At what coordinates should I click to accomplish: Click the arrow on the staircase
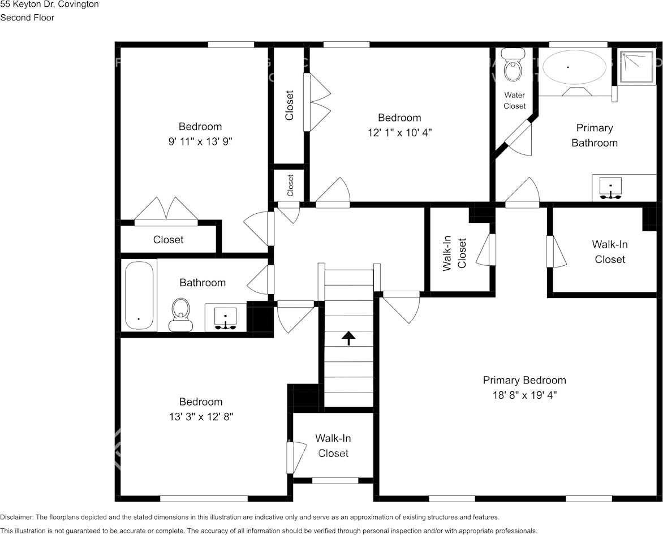point(348,338)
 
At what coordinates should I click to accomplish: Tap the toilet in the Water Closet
point(514,68)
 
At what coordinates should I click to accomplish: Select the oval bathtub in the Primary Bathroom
point(574,67)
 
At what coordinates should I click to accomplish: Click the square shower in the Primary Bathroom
point(637,67)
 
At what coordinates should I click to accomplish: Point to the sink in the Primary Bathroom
point(610,188)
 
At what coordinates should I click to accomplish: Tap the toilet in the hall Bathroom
point(180,314)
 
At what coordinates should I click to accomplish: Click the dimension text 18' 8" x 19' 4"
point(524,395)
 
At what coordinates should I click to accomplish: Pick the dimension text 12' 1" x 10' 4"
point(399,132)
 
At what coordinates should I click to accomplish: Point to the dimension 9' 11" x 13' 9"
point(200,141)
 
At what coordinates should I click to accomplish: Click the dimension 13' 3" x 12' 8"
point(201,416)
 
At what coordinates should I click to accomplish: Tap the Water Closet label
point(514,101)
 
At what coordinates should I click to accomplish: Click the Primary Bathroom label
point(594,135)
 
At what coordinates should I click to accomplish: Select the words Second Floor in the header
point(27,18)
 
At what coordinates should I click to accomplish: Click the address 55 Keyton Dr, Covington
point(49,5)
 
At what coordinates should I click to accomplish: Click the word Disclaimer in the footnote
point(16,517)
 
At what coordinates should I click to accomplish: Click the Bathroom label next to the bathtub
point(203,282)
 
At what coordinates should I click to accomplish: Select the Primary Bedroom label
point(524,380)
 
